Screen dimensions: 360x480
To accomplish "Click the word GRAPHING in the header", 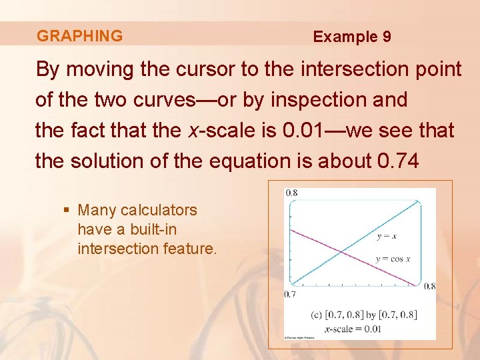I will (x=79, y=36).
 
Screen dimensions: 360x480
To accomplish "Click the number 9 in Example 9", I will (x=387, y=37).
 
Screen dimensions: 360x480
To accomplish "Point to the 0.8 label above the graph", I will (x=291, y=193).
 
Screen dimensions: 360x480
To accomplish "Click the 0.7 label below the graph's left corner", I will (x=290, y=294).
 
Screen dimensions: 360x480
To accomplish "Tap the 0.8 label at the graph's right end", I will (x=429, y=286).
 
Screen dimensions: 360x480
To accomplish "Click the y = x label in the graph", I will (x=387, y=236).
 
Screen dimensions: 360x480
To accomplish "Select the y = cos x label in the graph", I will (x=393, y=259).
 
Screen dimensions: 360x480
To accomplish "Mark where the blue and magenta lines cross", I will (x=341, y=251).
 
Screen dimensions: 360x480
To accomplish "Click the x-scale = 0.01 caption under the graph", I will (x=353, y=328).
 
